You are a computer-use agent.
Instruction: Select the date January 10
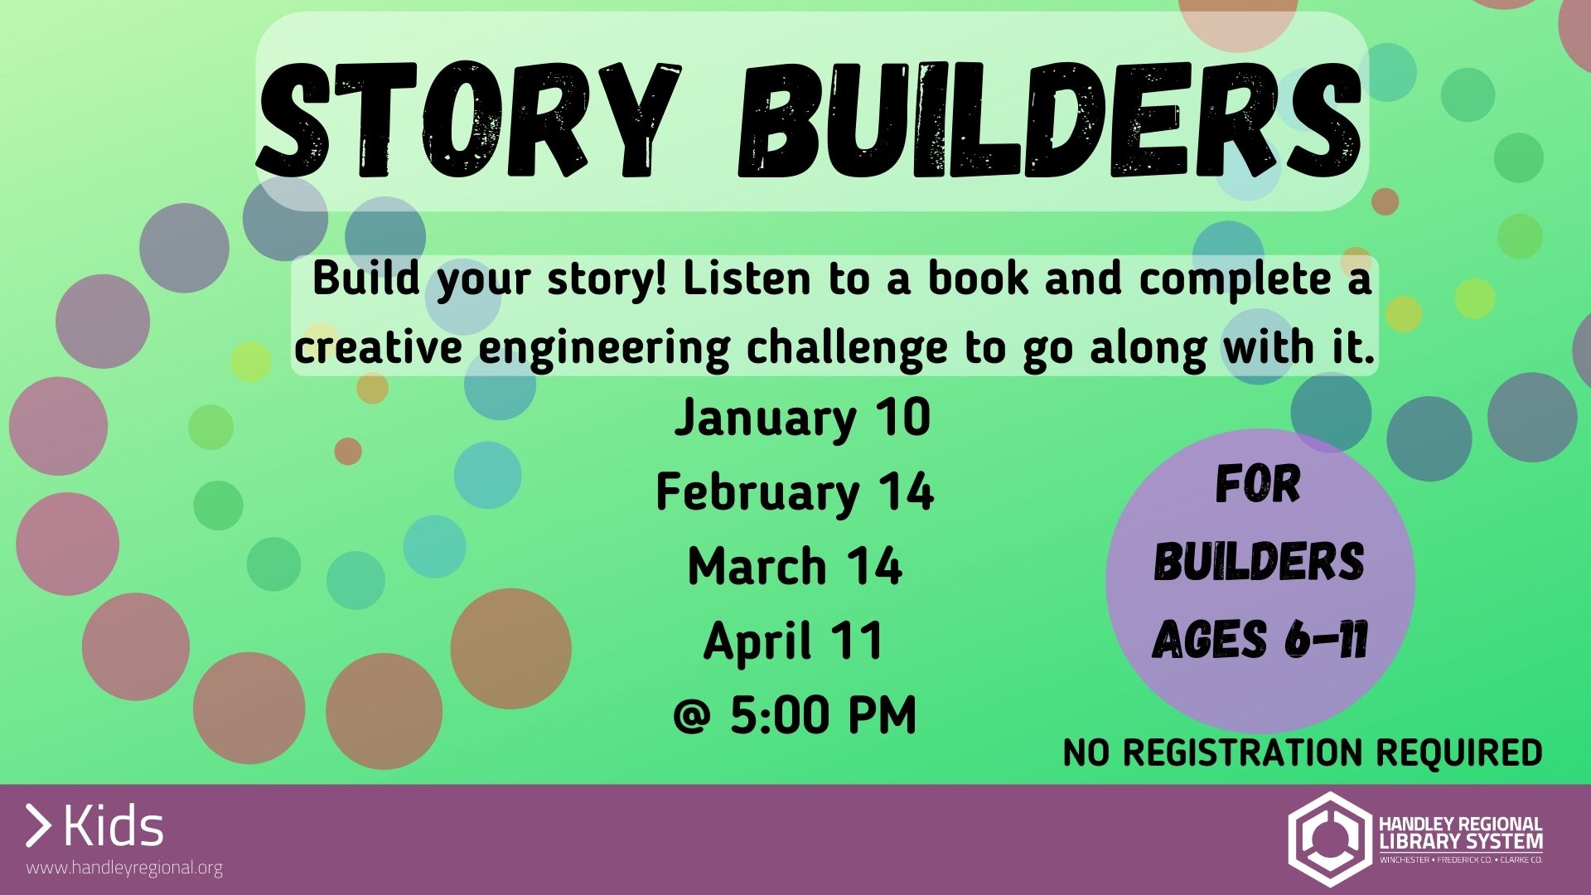802,417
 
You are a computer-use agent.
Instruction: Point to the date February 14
795,492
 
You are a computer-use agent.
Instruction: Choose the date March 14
795,567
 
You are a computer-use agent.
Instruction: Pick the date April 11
793,641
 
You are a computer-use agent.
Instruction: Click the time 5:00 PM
823,715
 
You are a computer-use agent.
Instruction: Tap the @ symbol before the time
691,717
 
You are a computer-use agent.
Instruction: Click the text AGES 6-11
1260,640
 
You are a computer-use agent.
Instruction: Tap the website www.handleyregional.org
124,868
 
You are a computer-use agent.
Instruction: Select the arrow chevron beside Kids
38,825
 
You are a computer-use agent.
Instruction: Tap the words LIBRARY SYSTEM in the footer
1461,841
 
